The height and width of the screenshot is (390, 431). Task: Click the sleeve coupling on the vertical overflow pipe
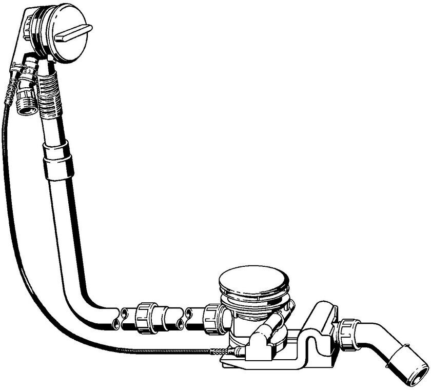pyautogui.click(x=57, y=160)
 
